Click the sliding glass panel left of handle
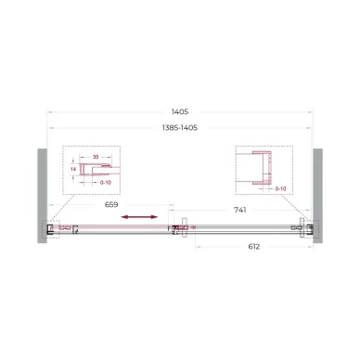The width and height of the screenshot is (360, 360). pos(111,227)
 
